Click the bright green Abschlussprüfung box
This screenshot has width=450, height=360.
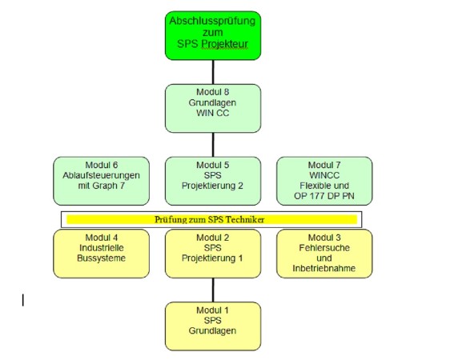point(213,35)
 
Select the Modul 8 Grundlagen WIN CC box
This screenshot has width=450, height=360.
point(213,108)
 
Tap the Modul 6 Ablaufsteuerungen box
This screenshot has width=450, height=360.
point(102,181)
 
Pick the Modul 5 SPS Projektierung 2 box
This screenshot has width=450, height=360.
point(213,181)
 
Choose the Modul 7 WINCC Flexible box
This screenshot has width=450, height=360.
point(324,181)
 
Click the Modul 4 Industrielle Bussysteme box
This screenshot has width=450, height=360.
point(102,254)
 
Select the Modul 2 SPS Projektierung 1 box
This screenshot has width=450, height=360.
point(213,254)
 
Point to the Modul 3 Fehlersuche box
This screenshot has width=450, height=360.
point(324,254)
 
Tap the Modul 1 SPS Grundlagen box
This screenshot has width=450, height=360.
point(213,326)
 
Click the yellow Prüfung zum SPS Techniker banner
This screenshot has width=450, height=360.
point(211,219)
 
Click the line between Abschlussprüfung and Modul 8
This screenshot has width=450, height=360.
point(213,72)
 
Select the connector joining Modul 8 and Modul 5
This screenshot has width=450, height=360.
point(213,145)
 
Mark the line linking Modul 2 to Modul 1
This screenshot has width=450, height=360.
point(213,290)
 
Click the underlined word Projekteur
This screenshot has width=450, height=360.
point(225,44)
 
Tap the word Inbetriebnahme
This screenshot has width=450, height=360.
point(324,268)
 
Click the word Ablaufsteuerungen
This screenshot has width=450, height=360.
point(102,175)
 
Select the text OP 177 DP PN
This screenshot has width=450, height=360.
point(324,196)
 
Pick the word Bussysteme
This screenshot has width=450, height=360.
point(102,258)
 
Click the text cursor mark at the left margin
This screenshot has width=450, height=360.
point(23,300)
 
